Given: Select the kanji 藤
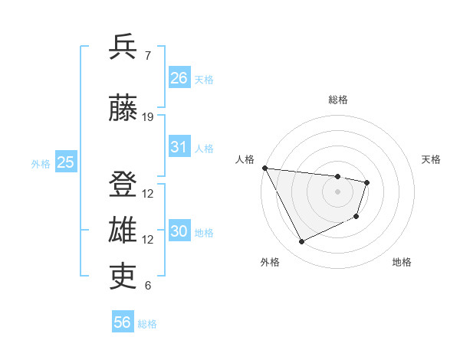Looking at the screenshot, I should pos(123,108).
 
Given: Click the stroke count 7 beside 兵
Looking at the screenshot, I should pos(148,55).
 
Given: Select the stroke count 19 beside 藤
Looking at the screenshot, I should pos(148,117).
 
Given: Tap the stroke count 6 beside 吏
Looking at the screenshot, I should pos(148,286).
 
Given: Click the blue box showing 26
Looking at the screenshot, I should pos(179,77).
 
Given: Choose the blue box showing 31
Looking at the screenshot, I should pos(179,147).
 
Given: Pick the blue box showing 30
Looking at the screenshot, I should pos(179,231).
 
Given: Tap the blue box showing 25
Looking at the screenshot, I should pos(65,162).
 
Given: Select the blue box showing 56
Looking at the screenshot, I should pos(123,322).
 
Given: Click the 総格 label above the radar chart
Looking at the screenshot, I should pos(338,100).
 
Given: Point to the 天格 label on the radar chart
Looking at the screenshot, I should pos(432,159).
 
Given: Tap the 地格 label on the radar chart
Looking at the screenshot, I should pos(402,262).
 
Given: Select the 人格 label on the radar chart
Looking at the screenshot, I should pos(245,159).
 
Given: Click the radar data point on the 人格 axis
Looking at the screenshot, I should pos(264,168).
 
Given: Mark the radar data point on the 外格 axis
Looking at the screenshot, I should pos(301,242).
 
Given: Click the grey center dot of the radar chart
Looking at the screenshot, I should pos(338,191).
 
